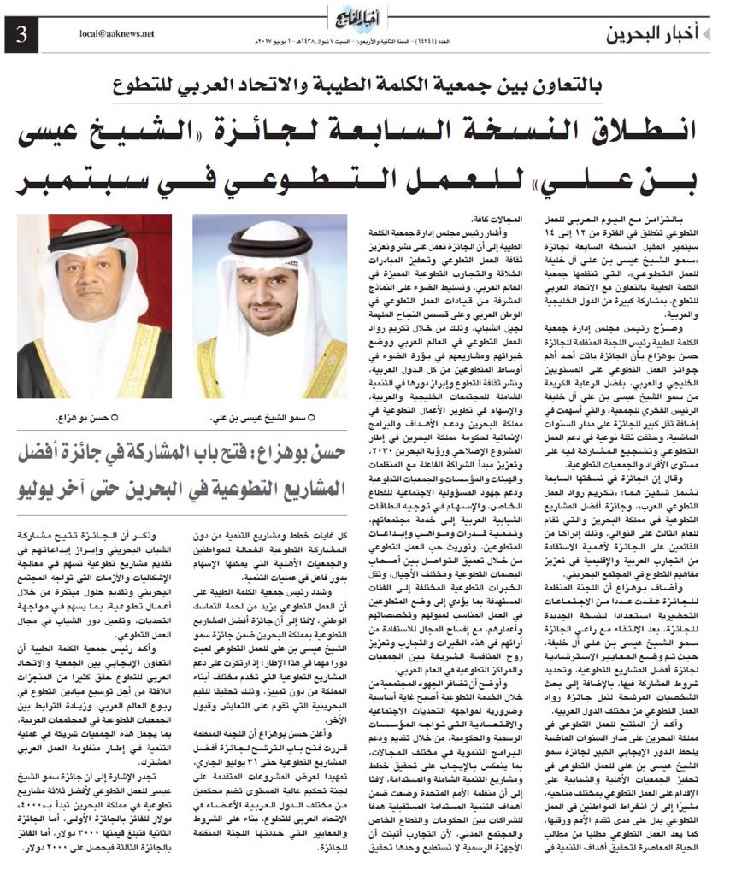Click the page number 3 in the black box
click(21, 35)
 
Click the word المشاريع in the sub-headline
click(306, 490)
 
